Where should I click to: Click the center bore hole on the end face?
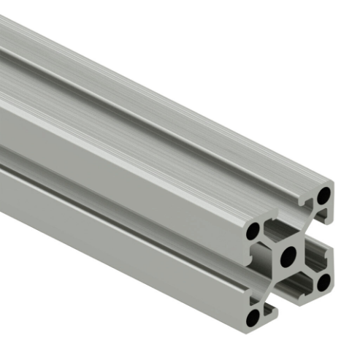288,255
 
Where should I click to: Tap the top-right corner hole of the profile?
323,196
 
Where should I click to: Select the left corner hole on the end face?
253,232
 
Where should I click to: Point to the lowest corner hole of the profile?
253,318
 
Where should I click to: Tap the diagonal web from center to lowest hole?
269,286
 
